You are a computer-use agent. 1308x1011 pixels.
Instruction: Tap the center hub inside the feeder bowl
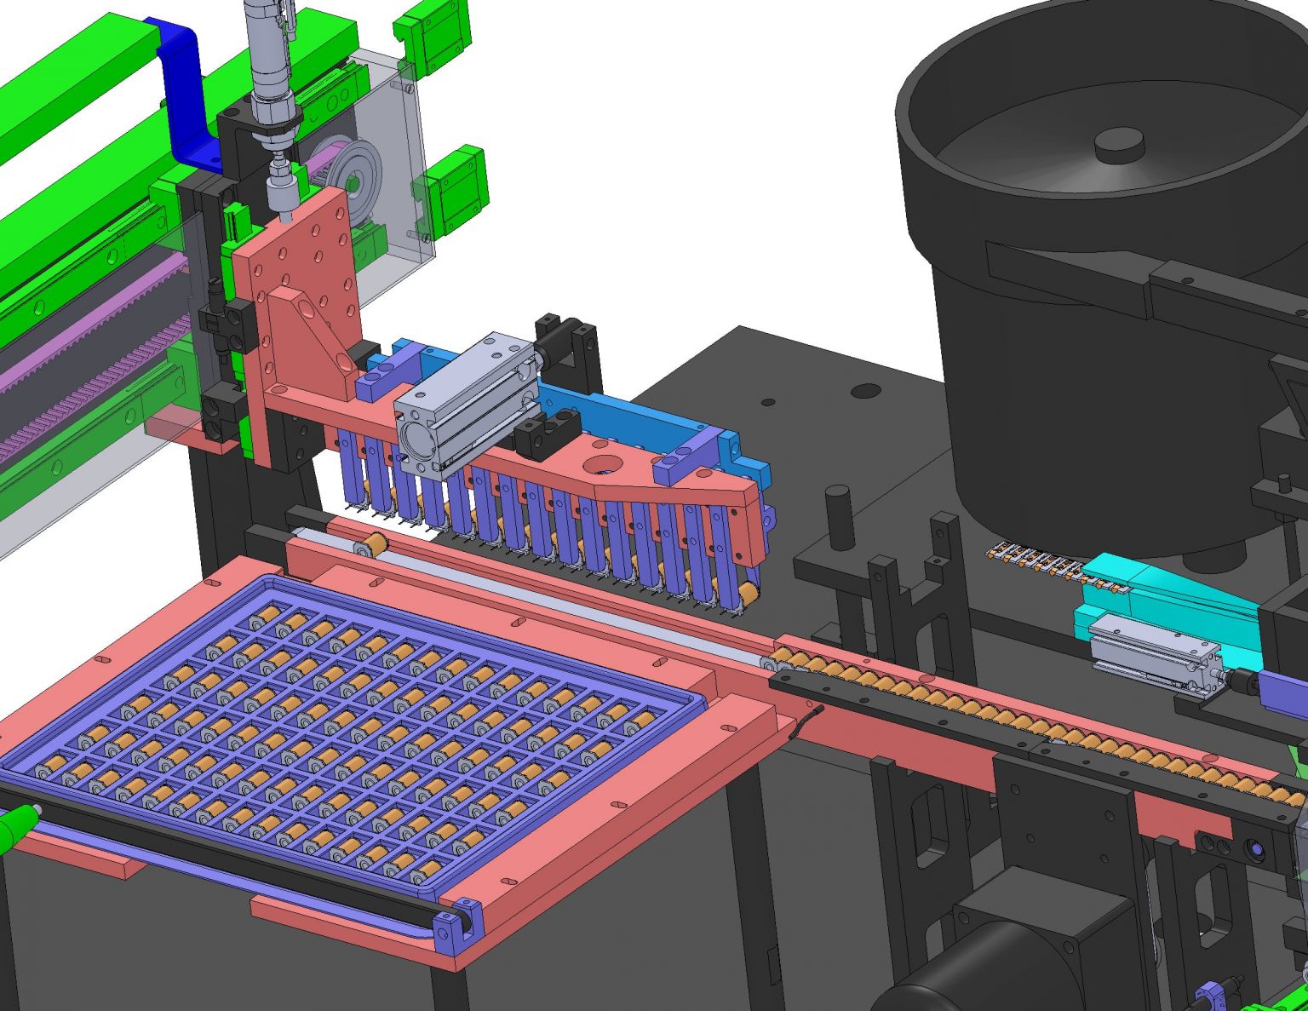(1117, 145)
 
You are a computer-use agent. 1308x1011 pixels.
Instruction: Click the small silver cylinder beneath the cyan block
(1154, 654)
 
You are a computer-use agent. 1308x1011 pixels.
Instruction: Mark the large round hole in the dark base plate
(865, 391)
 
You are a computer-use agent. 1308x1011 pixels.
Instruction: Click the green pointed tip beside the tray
(17, 826)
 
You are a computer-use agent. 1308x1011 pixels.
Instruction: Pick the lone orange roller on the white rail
(372, 545)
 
